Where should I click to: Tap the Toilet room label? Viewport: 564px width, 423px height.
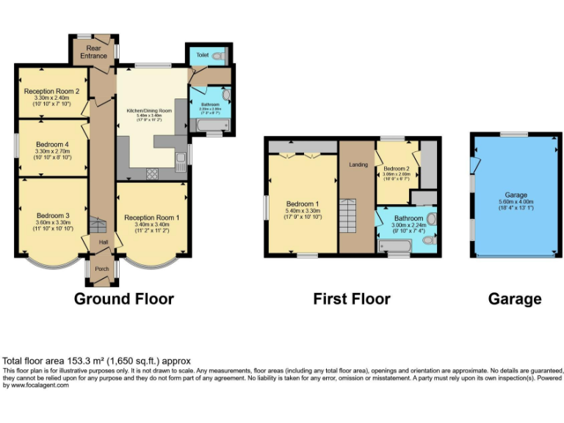(202, 55)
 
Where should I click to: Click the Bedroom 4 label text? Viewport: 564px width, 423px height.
(51, 144)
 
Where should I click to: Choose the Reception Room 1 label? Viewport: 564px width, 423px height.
(151, 218)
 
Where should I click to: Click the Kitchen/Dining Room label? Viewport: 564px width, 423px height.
(148, 111)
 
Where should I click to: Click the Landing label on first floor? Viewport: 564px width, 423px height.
(358, 164)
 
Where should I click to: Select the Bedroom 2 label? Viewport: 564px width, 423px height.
(397, 169)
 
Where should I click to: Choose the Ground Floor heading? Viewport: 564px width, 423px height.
(124, 299)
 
